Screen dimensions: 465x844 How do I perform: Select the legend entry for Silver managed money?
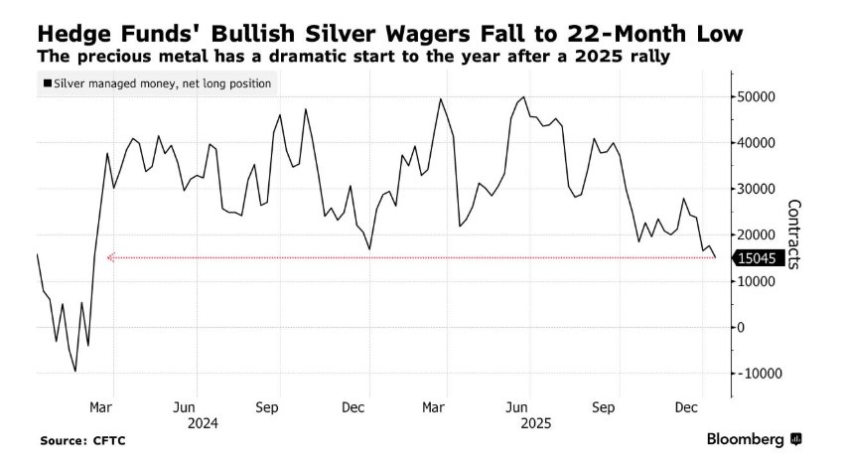coord(157,83)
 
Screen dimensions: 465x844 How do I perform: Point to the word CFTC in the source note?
coord(108,439)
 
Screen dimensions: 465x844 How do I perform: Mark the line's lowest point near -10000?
coord(75,372)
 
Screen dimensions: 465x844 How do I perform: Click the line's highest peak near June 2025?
coord(523,97)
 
